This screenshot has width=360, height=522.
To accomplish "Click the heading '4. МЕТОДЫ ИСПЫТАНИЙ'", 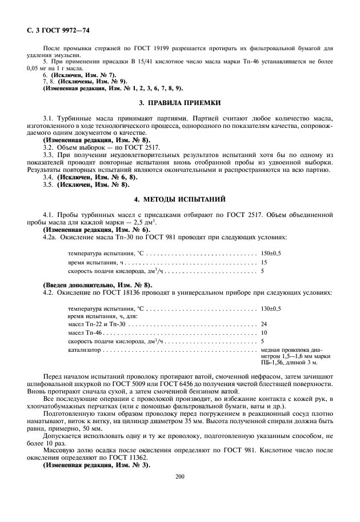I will [179, 200].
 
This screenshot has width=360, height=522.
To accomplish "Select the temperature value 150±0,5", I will [271, 252].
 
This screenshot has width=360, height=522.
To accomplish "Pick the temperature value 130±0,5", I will [271, 308].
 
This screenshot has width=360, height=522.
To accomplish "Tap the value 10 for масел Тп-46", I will [264, 332].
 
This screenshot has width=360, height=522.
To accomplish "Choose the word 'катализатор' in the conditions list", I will [85, 348].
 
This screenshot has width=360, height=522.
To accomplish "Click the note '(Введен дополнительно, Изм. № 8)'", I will [98, 284].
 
